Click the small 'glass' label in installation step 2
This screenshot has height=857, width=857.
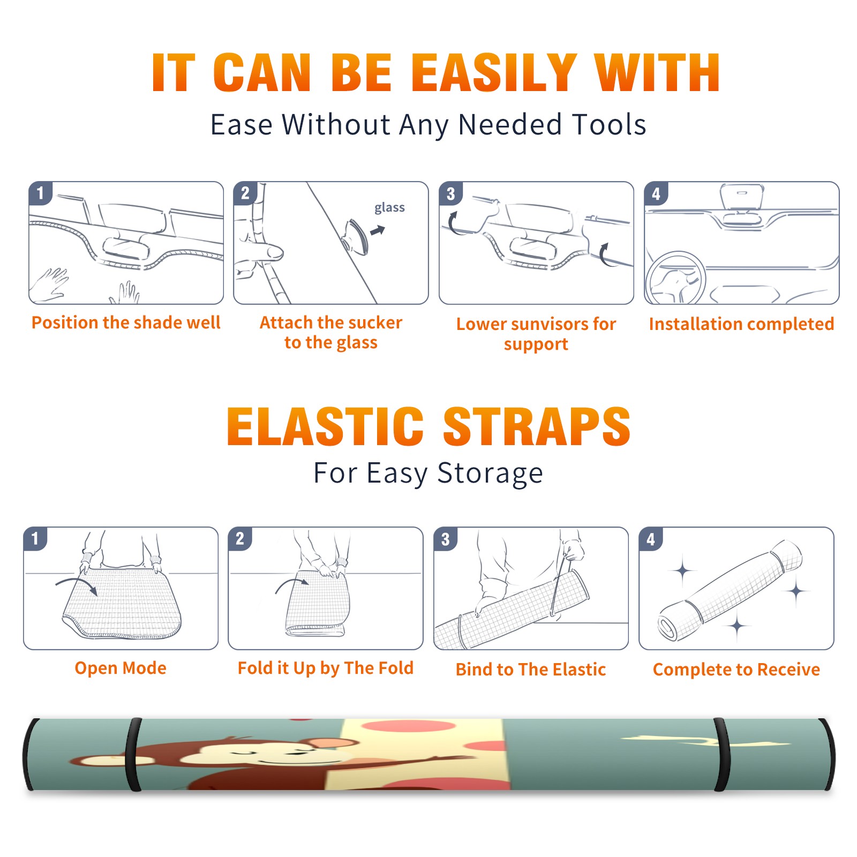pos(389,208)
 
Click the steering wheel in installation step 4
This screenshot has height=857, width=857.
pos(675,278)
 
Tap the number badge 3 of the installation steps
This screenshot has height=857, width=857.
pos(450,194)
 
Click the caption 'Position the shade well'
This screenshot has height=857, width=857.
pos(126,322)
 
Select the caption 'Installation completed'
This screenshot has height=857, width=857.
pos(741,324)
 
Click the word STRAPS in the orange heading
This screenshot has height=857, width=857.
pos(537,426)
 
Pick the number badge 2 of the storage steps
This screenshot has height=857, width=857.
pos(240,539)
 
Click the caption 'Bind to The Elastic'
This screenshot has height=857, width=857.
pos(531,670)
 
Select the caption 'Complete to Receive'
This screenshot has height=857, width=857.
pos(736,670)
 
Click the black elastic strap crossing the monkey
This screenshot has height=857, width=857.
pos(133,754)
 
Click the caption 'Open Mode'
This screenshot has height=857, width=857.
pos(121,668)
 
